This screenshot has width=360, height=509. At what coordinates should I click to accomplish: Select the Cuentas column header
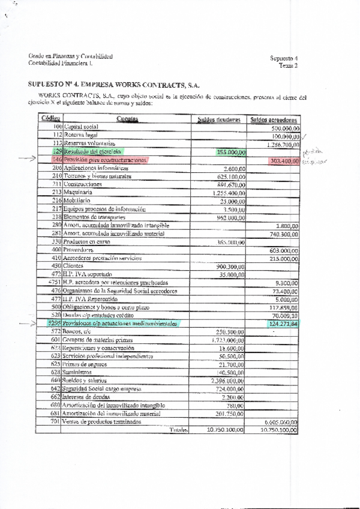pyautogui.click(x=128, y=119)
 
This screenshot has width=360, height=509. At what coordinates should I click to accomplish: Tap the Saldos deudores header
pyautogui.click(x=219, y=119)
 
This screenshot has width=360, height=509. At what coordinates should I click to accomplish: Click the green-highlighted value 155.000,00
pyautogui.click(x=231, y=152)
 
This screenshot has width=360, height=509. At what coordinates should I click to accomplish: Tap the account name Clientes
pyautogui.click(x=75, y=266)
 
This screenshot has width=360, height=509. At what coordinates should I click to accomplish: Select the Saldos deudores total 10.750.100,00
pyautogui.click(x=225, y=430)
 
